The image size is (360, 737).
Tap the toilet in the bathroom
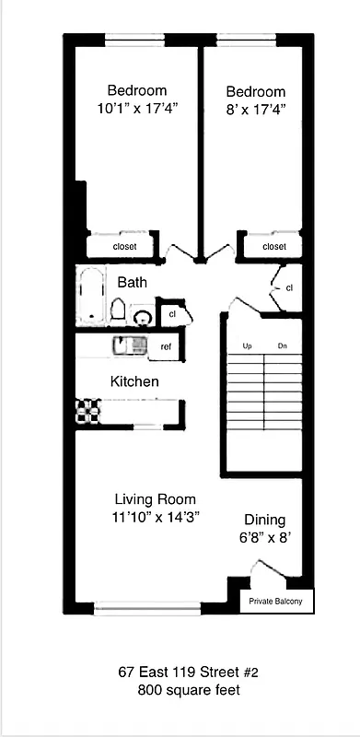119,310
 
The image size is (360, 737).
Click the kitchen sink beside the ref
127,345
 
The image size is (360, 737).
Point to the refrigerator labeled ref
166,346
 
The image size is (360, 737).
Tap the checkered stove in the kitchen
87,409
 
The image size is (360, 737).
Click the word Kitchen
134,381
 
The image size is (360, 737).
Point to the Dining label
264,520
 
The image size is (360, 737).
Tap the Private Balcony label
276,602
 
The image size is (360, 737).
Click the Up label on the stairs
247,346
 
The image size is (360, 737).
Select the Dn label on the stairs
283,346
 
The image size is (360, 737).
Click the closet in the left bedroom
124,247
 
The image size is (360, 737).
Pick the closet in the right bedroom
273,247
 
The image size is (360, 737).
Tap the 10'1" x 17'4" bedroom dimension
136,108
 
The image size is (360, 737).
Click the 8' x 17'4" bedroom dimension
255,109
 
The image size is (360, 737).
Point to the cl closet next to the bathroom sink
172,314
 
